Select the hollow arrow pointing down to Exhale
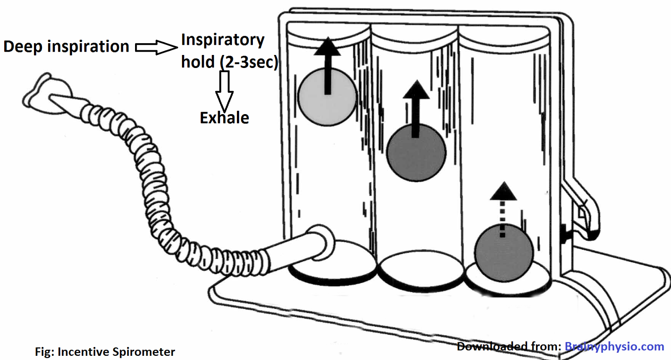[224, 90]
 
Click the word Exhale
[224, 118]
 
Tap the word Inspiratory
[223, 40]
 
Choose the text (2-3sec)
[249, 62]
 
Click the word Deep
[23, 47]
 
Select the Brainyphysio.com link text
[614, 347]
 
